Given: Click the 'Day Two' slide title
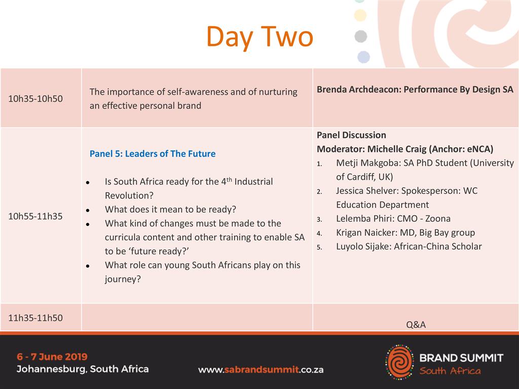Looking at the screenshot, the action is tap(260, 37).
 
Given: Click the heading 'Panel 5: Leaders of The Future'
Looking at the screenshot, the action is tap(153, 154).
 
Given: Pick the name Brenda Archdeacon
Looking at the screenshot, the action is tap(358, 90).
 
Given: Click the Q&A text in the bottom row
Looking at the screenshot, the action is tap(416, 325).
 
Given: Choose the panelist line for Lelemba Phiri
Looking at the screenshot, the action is tap(393, 219).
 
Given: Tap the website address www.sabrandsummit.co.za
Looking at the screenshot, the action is tap(261, 370).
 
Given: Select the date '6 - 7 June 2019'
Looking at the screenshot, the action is tap(52, 357).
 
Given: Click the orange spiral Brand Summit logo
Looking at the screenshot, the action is tap(399, 362).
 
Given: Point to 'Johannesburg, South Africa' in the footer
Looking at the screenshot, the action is tap(83, 369).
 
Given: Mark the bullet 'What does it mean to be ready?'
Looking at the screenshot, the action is tap(170, 209).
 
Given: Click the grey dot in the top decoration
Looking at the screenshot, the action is tap(361, 36).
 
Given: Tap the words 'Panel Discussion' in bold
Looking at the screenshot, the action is tap(352, 135).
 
